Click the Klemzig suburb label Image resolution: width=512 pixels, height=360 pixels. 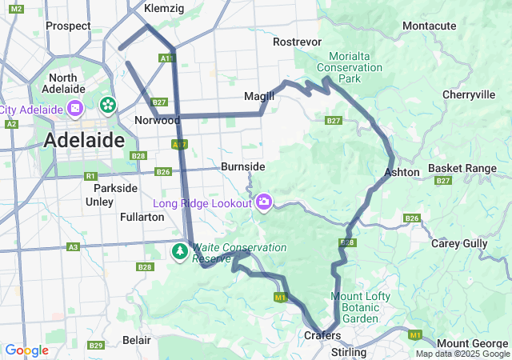pos(164,8)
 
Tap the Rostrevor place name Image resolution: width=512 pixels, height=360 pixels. pos(297,42)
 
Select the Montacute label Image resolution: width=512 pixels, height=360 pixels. pos(430,26)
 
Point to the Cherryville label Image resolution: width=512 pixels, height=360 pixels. pos(468,94)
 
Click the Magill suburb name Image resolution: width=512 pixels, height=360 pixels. pos(259,96)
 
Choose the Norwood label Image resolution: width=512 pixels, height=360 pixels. pos(157,120)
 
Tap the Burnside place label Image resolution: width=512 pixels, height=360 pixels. pos(243,166)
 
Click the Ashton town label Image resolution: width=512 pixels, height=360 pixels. pos(402,172)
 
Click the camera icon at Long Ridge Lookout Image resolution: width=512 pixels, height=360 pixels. pos(264,203)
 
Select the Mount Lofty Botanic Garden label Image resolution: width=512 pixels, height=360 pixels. pos(361,307)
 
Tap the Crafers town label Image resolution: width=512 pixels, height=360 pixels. pos(322,335)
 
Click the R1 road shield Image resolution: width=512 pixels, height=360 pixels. pos(90,176)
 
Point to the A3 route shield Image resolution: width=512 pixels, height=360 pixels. pos(73,248)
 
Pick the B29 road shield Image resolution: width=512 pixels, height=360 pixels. pos(96,346)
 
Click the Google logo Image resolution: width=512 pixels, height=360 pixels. pos(26,350)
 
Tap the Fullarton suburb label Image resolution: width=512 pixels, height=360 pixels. pos(119,217)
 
